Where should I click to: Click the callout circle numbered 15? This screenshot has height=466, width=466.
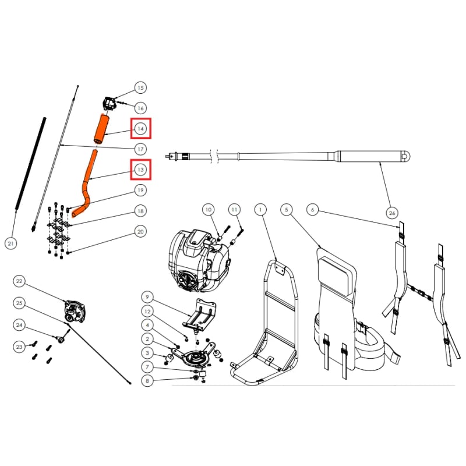[140, 88]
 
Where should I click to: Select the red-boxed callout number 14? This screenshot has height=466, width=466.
[140, 128]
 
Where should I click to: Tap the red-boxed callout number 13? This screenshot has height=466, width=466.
[140, 170]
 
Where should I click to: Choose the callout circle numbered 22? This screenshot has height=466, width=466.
[19, 281]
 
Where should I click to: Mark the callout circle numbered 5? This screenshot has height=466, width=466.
[285, 209]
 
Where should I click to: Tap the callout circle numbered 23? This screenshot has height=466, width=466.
[19, 347]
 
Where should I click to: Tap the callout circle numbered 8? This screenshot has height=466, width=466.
[147, 381]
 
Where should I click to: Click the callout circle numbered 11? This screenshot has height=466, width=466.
[234, 209]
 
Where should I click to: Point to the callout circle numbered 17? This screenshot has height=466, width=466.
[140, 149]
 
